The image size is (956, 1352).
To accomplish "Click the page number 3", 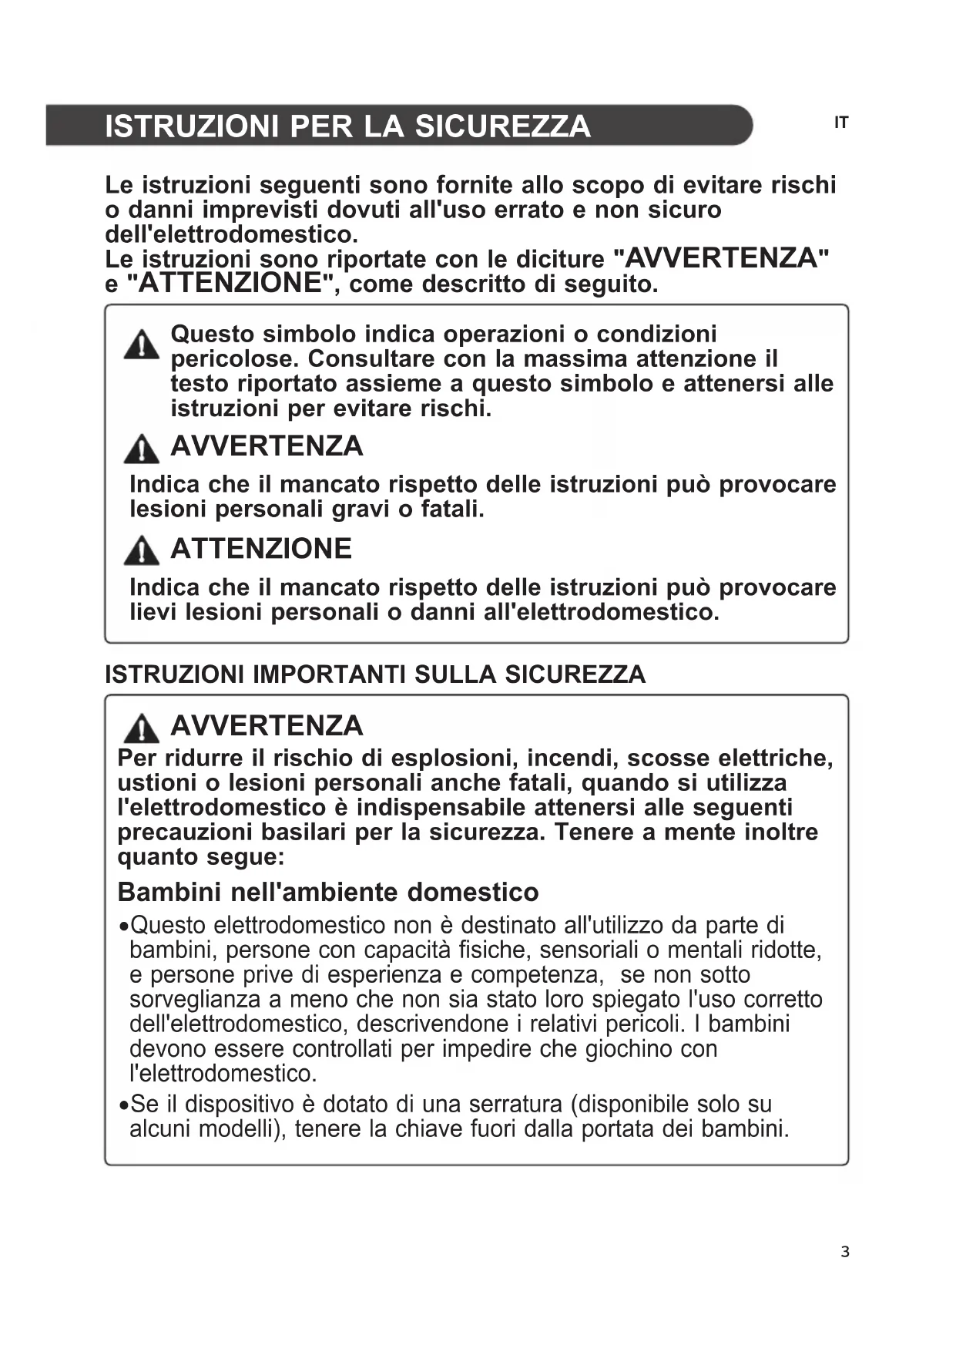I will point(845,1252).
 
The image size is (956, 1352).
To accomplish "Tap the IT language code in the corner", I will point(841,123).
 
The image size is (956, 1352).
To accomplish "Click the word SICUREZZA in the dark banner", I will point(502,126).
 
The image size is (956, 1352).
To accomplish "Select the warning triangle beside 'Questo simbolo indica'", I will point(142,345).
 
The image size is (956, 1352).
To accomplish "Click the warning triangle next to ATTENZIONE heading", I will point(142,550).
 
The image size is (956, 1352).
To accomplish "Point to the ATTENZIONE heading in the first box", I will point(260,549).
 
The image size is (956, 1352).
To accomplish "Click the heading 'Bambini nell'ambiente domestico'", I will point(328,892).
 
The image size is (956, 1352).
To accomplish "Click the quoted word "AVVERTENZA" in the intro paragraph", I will point(721,258).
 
